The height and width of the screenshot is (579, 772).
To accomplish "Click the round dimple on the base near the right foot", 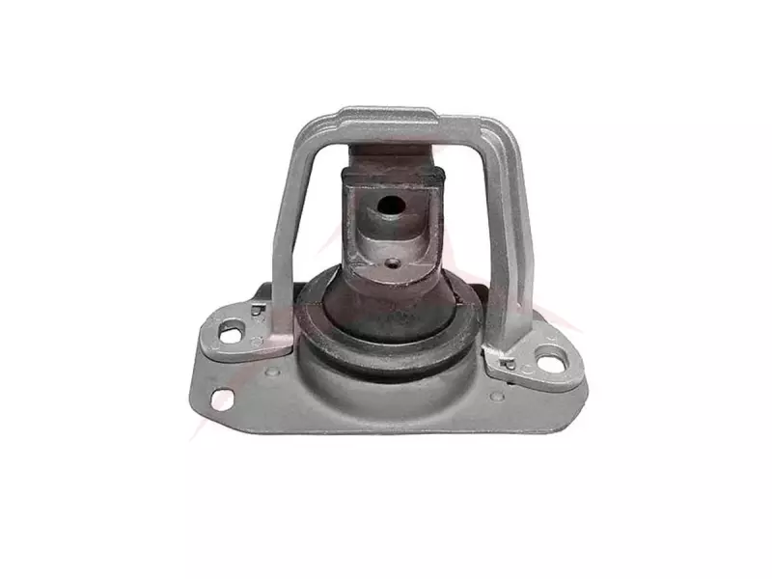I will (495, 396).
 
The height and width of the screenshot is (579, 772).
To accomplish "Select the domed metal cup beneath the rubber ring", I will (386, 386).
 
